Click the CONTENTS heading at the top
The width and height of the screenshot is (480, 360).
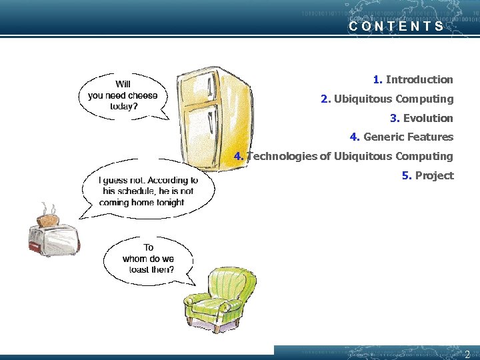(x=396, y=27)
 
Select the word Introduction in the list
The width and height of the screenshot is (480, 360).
(x=419, y=80)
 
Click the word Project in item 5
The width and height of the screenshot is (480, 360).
(x=434, y=176)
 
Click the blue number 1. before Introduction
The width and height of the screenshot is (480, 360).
(x=377, y=80)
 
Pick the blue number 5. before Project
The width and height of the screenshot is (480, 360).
(x=406, y=176)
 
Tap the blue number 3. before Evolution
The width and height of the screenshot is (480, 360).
(x=395, y=119)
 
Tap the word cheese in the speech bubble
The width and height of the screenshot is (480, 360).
(x=143, y=95)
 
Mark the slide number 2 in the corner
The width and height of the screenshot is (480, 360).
(x=467, y=354)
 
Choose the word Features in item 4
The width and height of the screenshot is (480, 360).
(x=431, y=137)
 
